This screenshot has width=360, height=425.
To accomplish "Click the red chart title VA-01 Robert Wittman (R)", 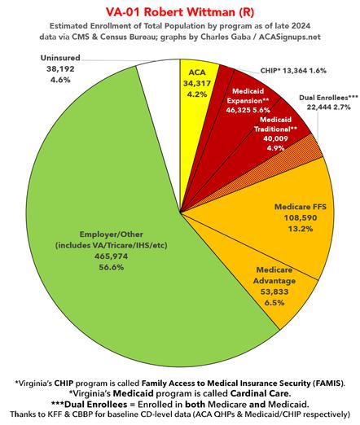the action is pyautogui.click(x=180, y=12).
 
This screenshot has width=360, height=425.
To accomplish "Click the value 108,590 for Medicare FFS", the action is pyautogui.click(x=301, y=217).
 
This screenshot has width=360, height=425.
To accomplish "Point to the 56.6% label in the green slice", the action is pyautogui.click(x=111, y=267).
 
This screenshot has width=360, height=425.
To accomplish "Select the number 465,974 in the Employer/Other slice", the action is pyautogui.click(x=111, y=256).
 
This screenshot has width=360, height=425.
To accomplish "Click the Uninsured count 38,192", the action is pyautogui.click(x=60, y=69).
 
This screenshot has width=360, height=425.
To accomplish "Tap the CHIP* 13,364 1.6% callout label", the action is pyautogui.click(x=293, y=71).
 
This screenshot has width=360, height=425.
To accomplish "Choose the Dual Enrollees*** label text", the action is pyautogui.click(x=328, y=98).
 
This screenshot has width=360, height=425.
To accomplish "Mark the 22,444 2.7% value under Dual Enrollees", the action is pyautogui.click(x=328, y=107).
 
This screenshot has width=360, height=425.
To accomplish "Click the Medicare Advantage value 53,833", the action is pyautogui.click(x=274, y=291).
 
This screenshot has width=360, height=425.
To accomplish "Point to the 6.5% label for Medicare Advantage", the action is pyautogui.click(x=274, y=303).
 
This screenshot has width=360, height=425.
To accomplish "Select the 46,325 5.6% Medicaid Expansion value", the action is pyautogui.click(x=248, y=110).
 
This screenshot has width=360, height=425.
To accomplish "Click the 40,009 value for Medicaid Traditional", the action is pyautogui.click(x=275, y=138).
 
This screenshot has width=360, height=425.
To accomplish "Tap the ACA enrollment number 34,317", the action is pyautogui.click(x=197, y=84).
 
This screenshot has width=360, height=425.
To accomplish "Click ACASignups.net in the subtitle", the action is pyautogui.click(x=289, y=37).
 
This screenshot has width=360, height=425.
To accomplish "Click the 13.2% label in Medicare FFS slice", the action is pyautogui.click(x=301, y=229).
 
